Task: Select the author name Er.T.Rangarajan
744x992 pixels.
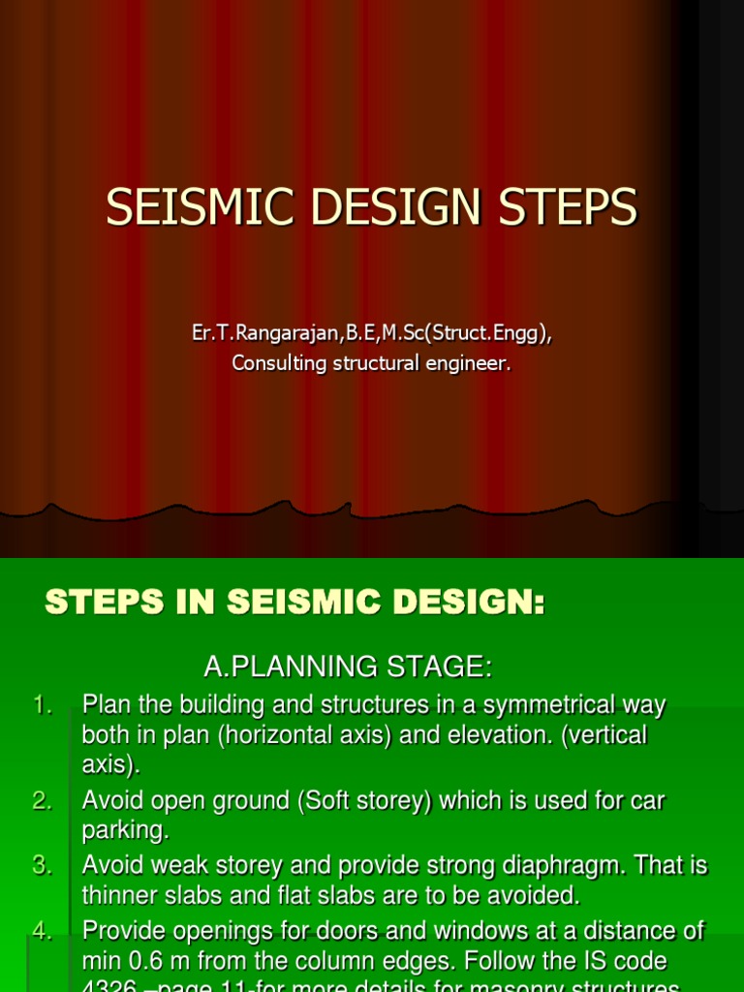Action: pyautogui.click(x=267, y=333)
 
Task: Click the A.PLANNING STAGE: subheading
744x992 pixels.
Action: pyautogui.click(x=348, y=666)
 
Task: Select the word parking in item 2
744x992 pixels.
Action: pyautogui.click(x=124, y=831)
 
